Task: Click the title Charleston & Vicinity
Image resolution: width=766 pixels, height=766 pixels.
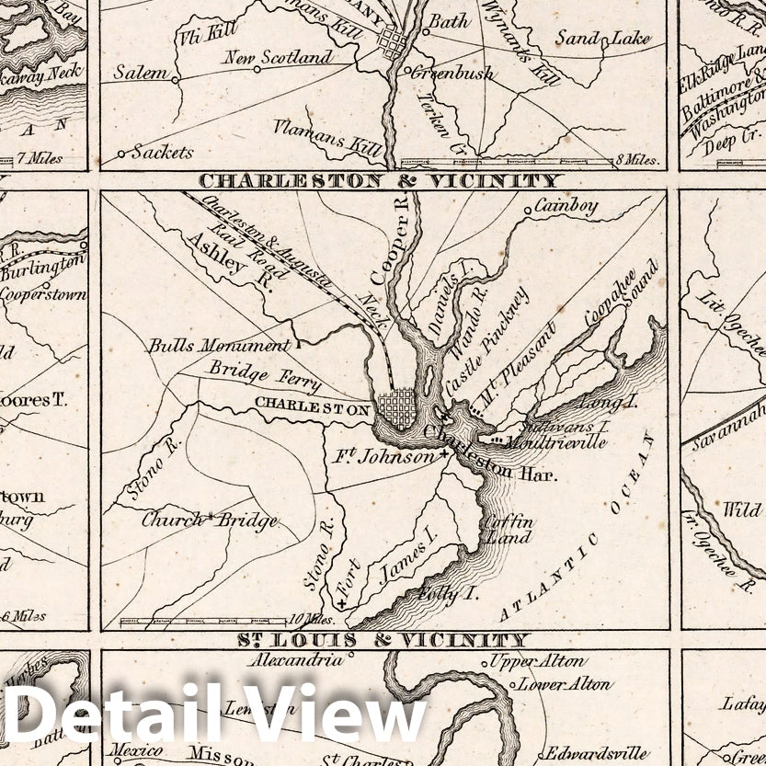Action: click(x=379, y=181)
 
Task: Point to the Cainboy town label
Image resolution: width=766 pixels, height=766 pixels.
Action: click(x=566, y=206)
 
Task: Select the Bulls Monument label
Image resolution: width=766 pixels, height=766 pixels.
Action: click(x=219, y=347)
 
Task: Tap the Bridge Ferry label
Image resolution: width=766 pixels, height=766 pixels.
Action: click(x=265, y=376)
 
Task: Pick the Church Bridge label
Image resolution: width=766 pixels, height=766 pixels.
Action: click(x=209, y=520)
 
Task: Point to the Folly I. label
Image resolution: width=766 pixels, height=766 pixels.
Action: click(x=447, y=593)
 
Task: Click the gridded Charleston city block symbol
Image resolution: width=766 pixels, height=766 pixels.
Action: click(x=397, y=406)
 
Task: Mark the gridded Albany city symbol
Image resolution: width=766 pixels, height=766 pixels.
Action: click(x=393, y=42)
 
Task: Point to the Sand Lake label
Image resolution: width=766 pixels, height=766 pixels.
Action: click(x=603, y=40)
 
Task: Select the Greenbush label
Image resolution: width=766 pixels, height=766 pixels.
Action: click(x=451, y=73)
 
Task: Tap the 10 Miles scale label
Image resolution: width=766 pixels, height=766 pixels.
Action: click(x=312, y=619)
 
